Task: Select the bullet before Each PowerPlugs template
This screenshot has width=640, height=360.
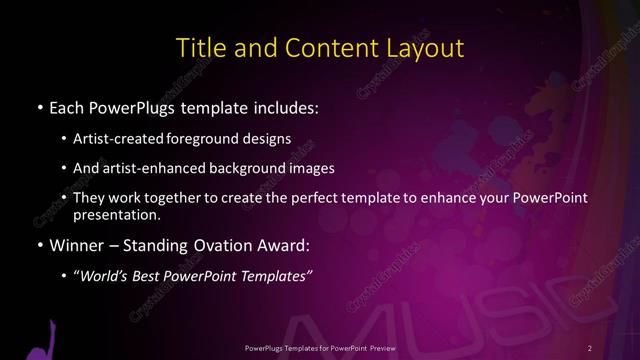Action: click(38, 106)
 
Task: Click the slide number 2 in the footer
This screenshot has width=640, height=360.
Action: click(590, 347)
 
